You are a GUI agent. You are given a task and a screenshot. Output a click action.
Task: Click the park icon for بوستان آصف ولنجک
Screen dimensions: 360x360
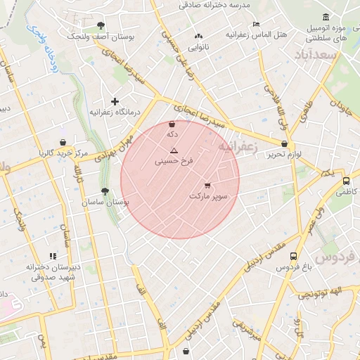(100, 25)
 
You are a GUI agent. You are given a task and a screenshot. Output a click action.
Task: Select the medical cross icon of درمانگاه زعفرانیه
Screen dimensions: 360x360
(115, 102)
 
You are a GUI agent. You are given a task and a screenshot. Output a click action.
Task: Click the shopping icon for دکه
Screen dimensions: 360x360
(172, 124)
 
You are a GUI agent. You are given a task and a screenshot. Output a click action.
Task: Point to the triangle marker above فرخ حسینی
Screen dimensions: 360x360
(174, 150)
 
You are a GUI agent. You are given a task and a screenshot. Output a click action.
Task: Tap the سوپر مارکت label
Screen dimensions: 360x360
(209, 196)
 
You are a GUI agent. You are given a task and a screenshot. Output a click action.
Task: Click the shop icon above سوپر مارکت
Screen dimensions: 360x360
(207, 186)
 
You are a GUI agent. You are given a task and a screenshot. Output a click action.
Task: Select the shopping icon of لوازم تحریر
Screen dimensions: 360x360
(284, 143)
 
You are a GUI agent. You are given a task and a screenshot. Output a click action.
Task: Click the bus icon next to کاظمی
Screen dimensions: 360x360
(345, 181)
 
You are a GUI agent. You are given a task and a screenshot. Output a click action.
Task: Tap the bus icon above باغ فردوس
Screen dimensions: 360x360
(292, 257)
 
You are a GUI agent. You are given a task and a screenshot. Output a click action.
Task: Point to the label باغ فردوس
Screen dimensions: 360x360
(292, 268)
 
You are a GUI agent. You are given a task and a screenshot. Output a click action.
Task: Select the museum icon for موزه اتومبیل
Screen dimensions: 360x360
(325, 17)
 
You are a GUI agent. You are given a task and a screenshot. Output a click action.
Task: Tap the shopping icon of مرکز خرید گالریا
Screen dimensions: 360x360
(63, 143)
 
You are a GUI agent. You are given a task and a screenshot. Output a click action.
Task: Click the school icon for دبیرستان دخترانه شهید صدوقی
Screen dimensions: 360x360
(52, 257)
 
